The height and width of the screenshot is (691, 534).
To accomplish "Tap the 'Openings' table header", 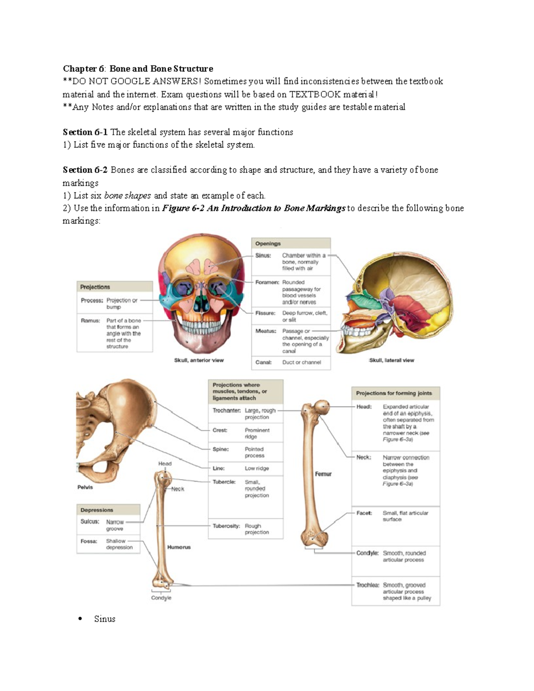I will [268, 243].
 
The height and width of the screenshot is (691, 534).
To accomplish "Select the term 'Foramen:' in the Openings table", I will [267, 282].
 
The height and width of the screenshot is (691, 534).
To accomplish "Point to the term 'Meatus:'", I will [266, 331].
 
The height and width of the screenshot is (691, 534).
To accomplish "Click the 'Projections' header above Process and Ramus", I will [95, 287].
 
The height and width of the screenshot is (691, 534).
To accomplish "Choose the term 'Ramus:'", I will [90, 320].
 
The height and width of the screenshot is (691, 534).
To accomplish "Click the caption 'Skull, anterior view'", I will [198, 360].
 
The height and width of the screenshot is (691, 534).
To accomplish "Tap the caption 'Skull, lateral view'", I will [392, 360].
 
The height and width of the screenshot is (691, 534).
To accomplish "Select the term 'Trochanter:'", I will [227, 410].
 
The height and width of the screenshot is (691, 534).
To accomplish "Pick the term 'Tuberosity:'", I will [226, 526].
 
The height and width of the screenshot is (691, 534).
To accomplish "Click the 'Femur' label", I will [323, 474].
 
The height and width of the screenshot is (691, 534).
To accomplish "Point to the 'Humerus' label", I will [179, 547].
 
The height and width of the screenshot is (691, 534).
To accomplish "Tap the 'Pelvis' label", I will [85, 487].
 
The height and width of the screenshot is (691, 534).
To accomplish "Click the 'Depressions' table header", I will [97, 510].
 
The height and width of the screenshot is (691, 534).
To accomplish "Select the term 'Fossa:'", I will [89, 541].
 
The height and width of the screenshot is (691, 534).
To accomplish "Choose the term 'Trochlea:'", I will [368, 585].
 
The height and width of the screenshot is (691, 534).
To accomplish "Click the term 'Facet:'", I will [364, 513].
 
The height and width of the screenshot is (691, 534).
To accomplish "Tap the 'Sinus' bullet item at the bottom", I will [105, 619].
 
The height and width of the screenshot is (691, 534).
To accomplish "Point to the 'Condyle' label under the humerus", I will [161, 598].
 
